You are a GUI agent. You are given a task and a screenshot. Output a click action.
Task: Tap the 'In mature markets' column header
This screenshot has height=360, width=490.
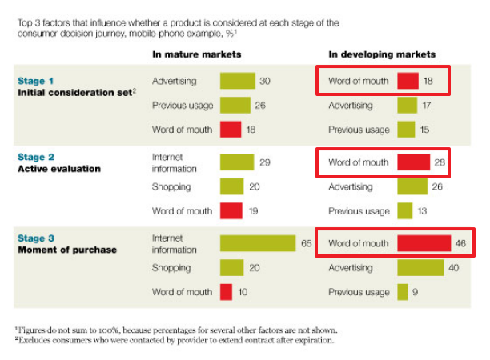click(197, 54)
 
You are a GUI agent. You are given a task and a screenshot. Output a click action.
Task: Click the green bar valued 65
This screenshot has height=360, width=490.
click(257, 242)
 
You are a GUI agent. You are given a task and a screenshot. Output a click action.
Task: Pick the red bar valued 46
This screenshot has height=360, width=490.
click(424, 243)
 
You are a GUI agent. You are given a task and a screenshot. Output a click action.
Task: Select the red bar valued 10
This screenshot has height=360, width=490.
click(226, 292)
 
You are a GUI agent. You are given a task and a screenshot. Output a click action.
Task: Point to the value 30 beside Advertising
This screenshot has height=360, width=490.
click(264, 81)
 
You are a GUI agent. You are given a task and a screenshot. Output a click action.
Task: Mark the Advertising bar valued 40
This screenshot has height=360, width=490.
click(421, 268)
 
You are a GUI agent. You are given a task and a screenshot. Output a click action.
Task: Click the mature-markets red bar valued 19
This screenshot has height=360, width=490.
click(231, 210)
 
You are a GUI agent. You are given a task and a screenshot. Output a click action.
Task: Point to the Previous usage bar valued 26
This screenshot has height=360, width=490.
click(235, 105)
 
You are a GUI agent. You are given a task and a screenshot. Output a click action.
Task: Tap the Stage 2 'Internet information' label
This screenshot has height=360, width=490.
click(174, 162)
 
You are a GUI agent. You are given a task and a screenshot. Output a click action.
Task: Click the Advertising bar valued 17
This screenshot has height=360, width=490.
click(407, 105)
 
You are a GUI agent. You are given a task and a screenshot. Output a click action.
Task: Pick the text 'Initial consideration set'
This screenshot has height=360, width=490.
click(74, 93)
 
